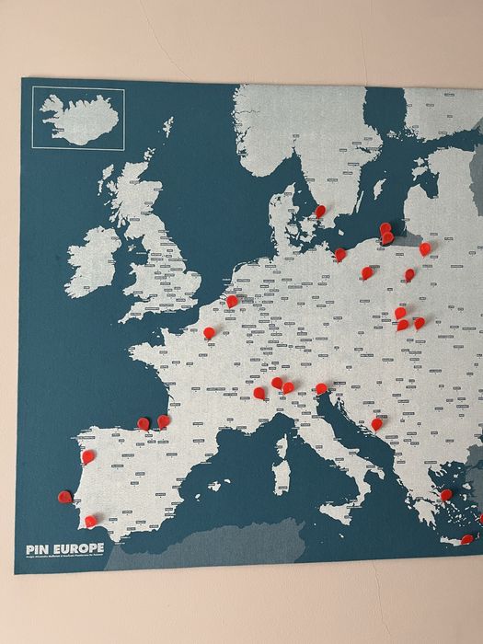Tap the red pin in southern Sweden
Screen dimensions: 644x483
320,211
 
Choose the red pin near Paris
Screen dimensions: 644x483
210,332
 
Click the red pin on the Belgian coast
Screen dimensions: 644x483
232,300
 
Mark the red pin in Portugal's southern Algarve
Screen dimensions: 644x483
90,521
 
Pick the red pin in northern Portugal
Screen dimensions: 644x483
87,455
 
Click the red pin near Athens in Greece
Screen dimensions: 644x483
446,495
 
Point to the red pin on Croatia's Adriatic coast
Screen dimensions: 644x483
377,424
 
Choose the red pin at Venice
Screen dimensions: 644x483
321,388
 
